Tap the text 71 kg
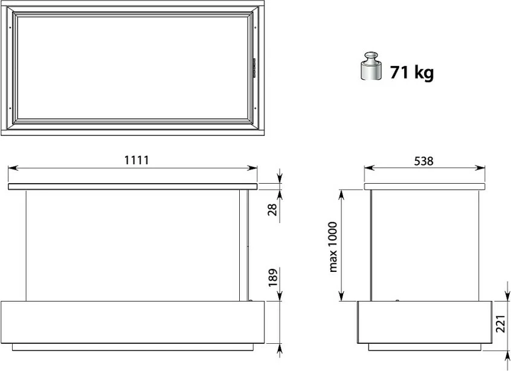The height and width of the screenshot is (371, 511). [x=413, y=73]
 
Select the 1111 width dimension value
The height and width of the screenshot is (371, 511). [x=137, y=160]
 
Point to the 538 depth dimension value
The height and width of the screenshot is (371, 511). [x=423, y=161]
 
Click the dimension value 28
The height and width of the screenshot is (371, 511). [x=272, y=210]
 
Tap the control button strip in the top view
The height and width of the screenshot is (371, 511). [x=254, y=66]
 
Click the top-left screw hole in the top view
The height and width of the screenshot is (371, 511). [x=13, y=27]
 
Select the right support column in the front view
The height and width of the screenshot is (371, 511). [x=243, y=245]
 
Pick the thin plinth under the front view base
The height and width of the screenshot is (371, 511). [x=137, y=347]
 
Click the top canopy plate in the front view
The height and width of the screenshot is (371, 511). [x=132, y=187]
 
